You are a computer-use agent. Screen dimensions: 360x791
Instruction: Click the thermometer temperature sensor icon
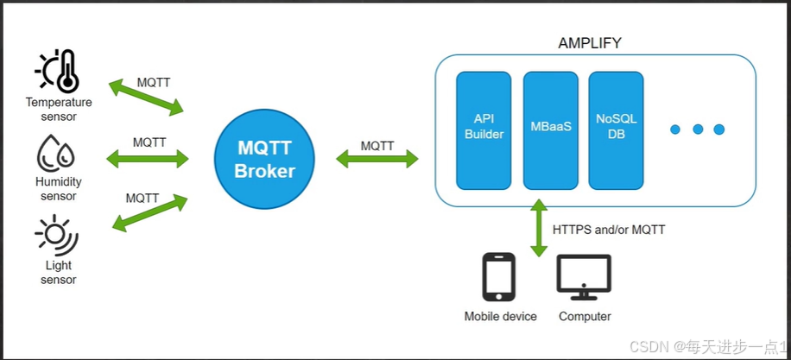(x=57, y=72)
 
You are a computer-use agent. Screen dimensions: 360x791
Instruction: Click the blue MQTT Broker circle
(x=264, y=159)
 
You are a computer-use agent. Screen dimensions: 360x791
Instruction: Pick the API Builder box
(x=484, y=129)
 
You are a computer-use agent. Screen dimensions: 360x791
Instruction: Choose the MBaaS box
(x=550, y=129)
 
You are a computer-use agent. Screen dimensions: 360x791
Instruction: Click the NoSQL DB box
(x=617, y=129)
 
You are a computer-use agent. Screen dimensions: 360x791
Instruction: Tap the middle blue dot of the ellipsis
(x=697, y=129)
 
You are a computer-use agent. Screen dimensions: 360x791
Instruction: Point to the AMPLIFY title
(x=590, y=42)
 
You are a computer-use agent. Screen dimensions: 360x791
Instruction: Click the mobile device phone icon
(x=498, y=277)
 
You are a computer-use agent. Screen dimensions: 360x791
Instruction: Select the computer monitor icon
(x=584, y=277)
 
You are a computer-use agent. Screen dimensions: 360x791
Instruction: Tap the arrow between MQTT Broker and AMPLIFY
(x=377, y=159)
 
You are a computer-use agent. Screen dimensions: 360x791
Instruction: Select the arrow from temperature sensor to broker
(x=146, y=98)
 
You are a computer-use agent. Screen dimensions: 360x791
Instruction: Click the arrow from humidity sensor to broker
(x=147, y=158)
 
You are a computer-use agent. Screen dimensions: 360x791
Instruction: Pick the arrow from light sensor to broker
(x=150, y=212)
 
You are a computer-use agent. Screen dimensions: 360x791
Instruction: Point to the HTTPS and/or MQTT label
(x=609, y=230)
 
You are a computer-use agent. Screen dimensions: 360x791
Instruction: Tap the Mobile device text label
(x=500, y=316)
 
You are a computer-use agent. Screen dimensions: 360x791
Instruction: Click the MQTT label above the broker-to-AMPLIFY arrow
(x=377, y=146)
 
